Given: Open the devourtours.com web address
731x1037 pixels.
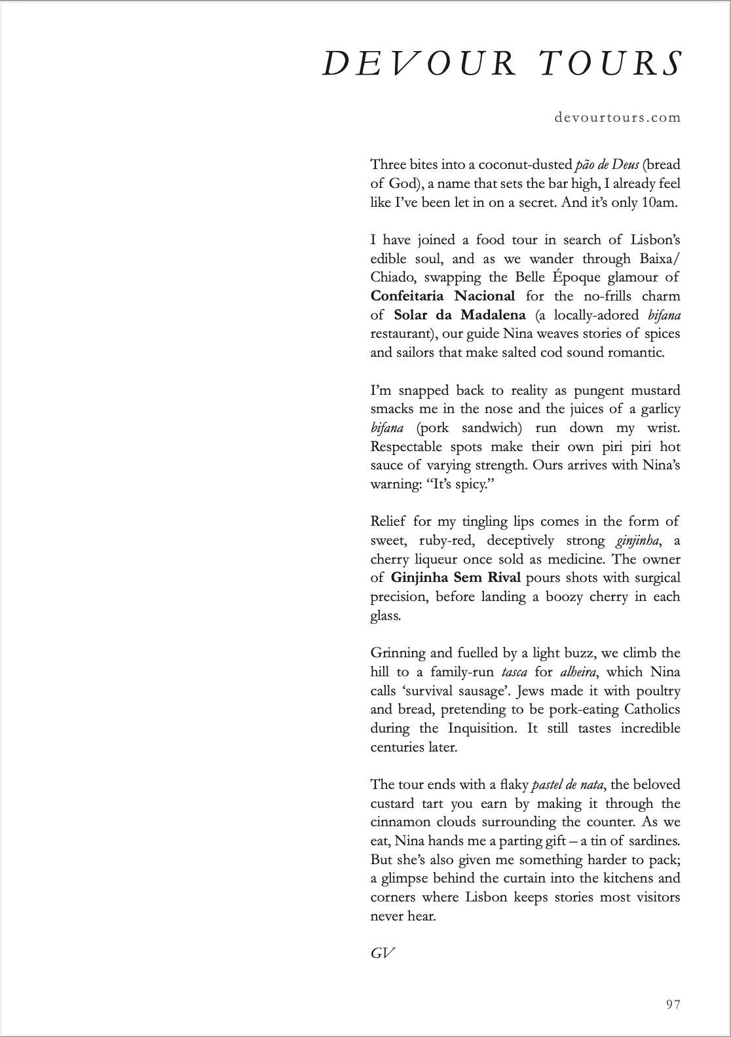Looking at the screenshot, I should pyautogui.click(x=617, y=118).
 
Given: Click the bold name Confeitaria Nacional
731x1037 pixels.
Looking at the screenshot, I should pyautogui.click(x=443, y=296).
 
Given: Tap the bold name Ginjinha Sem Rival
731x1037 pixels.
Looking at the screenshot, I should pyautogui.click(x=456, y=577).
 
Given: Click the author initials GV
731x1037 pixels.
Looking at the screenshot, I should pyautogui.click(x=383, y=953).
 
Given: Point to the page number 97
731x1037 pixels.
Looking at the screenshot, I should pyautogui.click(x=673, y=1004).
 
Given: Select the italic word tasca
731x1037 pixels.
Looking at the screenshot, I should pyautogui.click(x=514, y=672).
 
